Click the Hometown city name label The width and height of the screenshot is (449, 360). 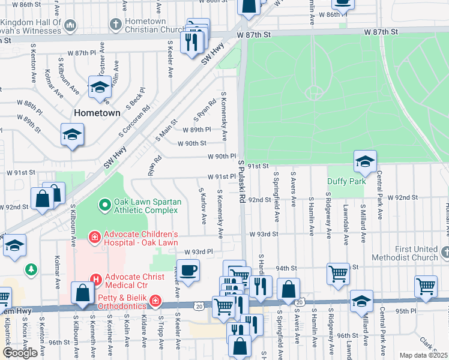[x=97, y=112]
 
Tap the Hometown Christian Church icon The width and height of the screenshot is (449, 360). [x=116, y=25]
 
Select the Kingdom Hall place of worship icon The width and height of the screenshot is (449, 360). [x=70, y=25]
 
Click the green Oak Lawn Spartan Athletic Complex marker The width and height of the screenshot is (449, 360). [x=104, y=205]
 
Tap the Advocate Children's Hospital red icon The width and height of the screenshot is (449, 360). [x=94, y=238]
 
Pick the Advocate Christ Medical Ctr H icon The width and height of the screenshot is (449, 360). [x=94, y=278]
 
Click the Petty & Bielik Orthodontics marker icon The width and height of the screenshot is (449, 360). [x=155, y=299]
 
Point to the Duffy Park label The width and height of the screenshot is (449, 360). [x=345, y=181]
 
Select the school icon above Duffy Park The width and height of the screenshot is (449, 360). [x=365, y=161]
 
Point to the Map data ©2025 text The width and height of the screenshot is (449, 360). [x=424, y=355]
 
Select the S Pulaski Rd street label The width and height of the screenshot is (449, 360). [x=242, y=180]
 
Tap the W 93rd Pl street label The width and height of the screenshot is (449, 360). [x=199, y=252]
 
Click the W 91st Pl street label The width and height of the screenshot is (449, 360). [x=222, y=177]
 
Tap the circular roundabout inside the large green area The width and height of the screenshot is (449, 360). [x=313, y=92]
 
